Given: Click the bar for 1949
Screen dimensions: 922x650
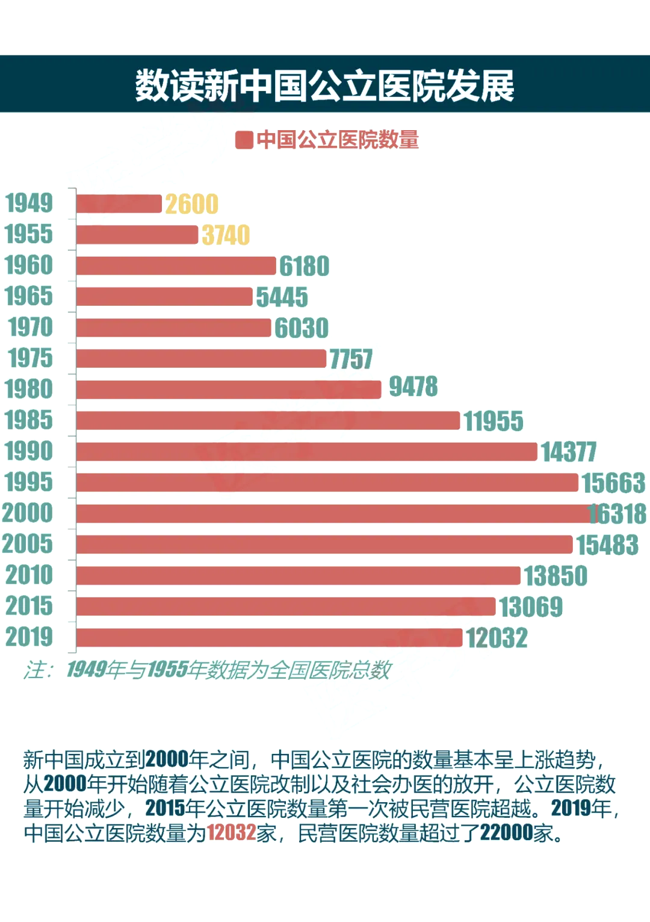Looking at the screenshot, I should coord(119,204).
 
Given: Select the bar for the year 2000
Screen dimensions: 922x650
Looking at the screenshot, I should coord(331,514).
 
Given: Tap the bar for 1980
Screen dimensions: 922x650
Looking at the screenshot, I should coord(229,390).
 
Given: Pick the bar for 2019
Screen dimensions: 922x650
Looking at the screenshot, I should coord(269,637).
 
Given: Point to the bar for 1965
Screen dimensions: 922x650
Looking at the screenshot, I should coord(164,296).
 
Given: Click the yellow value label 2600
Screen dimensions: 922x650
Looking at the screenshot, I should coord(191,204).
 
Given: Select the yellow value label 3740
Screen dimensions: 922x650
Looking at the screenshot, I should coord(226,235).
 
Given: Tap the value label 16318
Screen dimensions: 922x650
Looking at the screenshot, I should coord(617,514).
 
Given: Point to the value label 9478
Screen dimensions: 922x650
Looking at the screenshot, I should coord(413,387).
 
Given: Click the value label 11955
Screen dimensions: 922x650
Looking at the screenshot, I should coord(494,421).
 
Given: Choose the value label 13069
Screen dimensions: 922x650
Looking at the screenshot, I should coord(531,606).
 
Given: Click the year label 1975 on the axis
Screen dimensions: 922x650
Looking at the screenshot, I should coord(30,358).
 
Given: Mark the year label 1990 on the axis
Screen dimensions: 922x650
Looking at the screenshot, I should coord(29,451).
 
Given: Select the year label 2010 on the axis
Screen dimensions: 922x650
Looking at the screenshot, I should coord(29,575).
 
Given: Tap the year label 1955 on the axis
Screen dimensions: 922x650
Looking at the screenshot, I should coord(29,234).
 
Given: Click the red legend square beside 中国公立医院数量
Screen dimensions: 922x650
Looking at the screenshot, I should coord(244,140).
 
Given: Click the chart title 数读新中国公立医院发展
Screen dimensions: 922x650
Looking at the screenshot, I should coord(325,86).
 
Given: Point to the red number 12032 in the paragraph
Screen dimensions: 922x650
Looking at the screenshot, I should coord(232,833).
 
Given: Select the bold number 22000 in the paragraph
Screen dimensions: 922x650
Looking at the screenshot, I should coord(506,833).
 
